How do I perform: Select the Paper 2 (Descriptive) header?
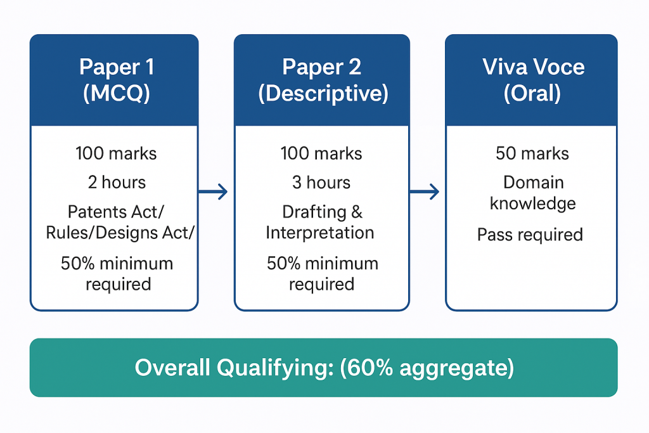click(x=322, y=80)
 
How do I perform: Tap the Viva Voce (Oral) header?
click(x=531, y=80)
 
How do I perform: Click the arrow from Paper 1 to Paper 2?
click(x=213, y=191)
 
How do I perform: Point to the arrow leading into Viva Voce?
click(x=425, y=191)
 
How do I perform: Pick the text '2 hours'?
click(x=117, y=183)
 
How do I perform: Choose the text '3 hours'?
click(x=321, y=183)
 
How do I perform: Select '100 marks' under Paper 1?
click(x=116, y=153)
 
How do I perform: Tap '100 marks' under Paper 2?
click(x=321, y=153)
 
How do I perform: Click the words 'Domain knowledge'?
click(x=533, y=193)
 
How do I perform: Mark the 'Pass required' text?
click(x=530, y=235)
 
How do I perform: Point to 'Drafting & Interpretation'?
click(x=320, y=222)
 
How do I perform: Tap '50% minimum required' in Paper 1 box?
click(x=117, y=273)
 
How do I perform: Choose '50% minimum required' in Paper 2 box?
click(x=322, y=273)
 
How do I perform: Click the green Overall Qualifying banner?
click(x=323, y=368)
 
